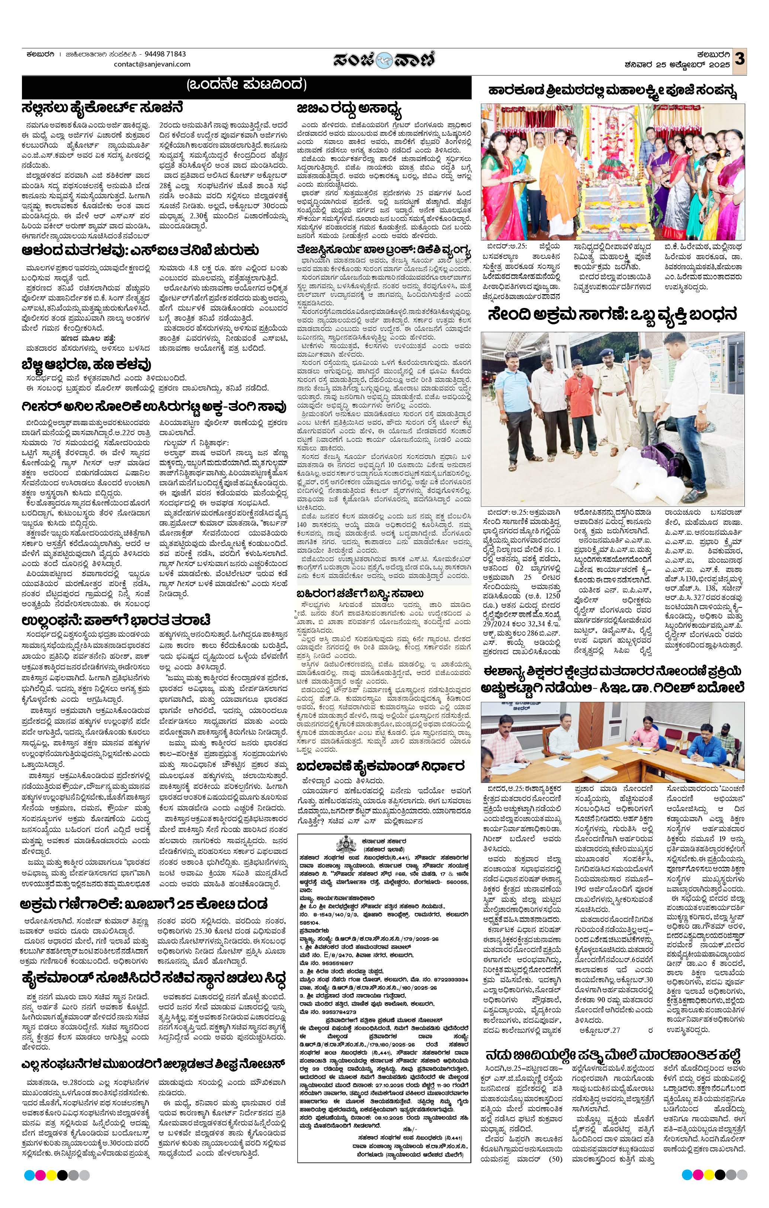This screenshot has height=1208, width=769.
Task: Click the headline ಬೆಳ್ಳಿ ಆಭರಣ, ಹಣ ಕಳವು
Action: click(x=86, y=364)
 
